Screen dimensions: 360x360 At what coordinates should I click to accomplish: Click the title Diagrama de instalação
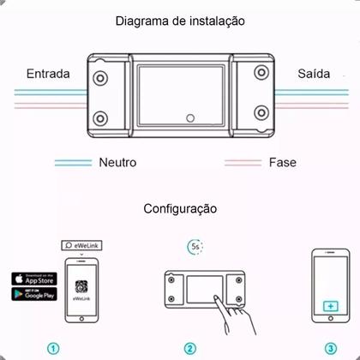click(179, 20)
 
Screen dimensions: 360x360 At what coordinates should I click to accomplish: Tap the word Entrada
click(47, 74)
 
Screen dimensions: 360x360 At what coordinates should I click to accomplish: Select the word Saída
click(313, 74)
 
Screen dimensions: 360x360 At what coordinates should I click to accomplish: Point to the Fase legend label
click(282, 162)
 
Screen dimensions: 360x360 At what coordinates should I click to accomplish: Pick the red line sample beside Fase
click(243, 162)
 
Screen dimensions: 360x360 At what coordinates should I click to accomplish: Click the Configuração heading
click(180, 208)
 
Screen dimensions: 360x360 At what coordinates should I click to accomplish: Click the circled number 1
click(53, 349)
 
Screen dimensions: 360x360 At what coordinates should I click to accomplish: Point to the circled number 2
click(189, 349)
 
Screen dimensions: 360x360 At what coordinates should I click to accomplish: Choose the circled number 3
click(331, 349)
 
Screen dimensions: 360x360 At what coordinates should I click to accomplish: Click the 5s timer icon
click(196, 247)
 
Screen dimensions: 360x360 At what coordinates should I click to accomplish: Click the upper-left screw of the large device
click(102, 78)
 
